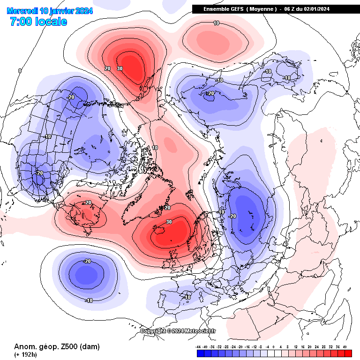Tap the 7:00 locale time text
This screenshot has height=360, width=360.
pos(38,22)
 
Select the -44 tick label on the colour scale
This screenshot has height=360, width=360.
pos(199,347)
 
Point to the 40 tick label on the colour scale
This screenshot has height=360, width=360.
pos(345,347)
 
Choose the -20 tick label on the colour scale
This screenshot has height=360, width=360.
pos(240,347)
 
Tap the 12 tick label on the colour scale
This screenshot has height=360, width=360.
pos(296,347)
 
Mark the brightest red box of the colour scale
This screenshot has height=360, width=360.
pos(348,353)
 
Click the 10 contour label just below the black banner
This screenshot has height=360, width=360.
pos(216,23)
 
